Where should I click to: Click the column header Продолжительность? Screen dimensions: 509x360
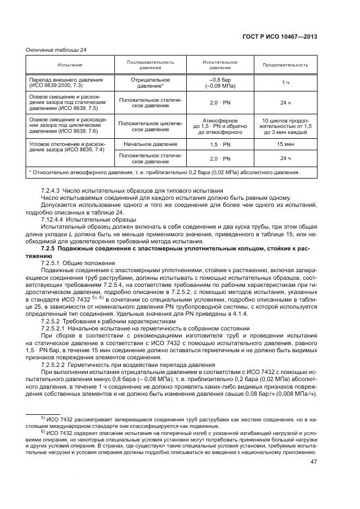(x=285, y=65)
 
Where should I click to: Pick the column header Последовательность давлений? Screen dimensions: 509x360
(x=150, y=65)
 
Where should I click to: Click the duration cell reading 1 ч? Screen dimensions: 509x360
(x=285, y=82)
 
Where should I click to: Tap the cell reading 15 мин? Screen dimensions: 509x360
(x=285, y=144)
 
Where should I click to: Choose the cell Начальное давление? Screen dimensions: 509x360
(x=150, y=144)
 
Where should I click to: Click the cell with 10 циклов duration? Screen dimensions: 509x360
(x=285, y=126)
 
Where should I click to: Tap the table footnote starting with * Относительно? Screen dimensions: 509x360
(x=163, y=173)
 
